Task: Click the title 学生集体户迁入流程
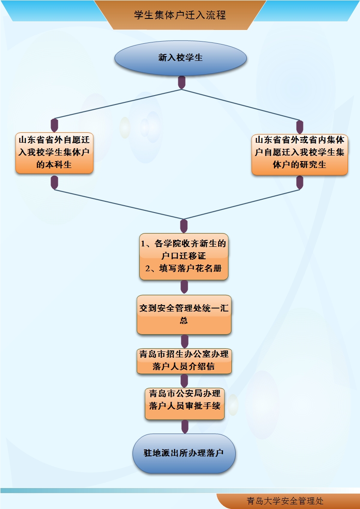[x=180, y=15]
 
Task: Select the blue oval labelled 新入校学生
[x=180, y=58]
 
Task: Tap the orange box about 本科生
[x=54, y=153]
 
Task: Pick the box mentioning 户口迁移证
[x=184, y=256]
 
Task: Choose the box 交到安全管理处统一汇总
[x=184, y=314]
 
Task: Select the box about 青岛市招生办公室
[x=184, y=361]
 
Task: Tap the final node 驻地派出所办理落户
[x=184, y=453]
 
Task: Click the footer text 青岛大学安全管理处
[x=285, y=501]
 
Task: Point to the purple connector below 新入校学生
[x=182, y=82]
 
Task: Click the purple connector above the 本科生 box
[x=54, y=125]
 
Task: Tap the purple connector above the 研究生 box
[x=300, y=126]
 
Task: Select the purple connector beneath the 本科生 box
[x=54, y=183]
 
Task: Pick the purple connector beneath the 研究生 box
[x=300, y=183]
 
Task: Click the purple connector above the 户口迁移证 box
[x=184, y=226]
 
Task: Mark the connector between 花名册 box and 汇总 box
[x=184, y=287]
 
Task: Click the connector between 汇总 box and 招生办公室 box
[x=185, y=341]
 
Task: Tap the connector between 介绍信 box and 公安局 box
[x=185, y=380]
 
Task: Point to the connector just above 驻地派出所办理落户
[x=185, y=426]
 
